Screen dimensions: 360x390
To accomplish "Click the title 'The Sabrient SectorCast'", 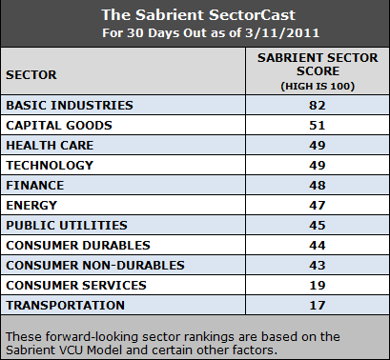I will pos(195,15).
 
